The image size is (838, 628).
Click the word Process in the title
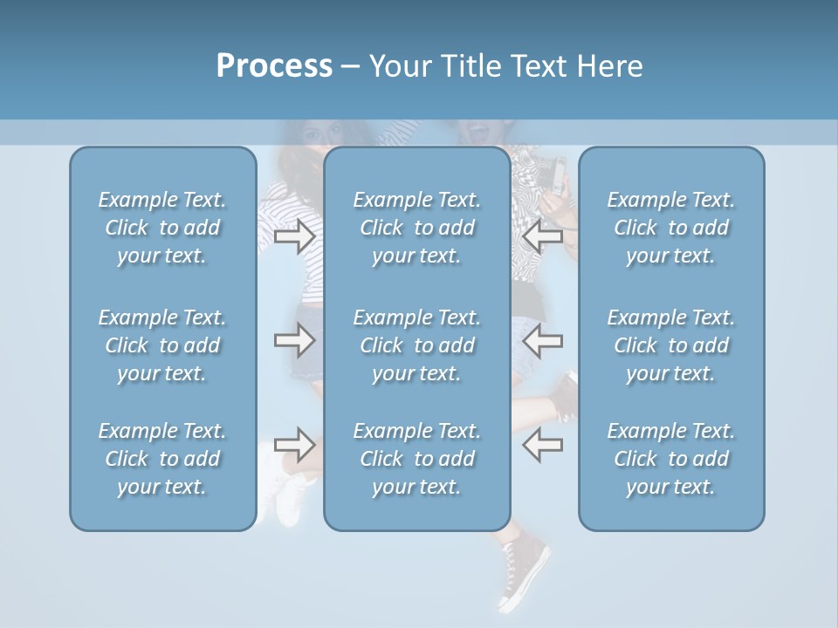tap(274, 66)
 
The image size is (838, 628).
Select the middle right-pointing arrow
tap(294, 340)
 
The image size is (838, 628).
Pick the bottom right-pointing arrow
tap(294, 445)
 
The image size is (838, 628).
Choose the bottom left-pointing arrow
tap(542, 445)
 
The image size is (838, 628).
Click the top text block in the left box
tap(162, 228)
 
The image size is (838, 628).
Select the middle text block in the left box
tap(162, 345)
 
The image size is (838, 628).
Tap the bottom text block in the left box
tap(162, 459)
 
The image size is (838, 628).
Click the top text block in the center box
tap(417, 228)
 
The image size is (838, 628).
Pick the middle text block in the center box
tap(417, 345)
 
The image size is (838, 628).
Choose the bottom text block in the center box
tap(417, 459)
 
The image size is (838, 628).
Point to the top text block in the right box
tap(671, 228)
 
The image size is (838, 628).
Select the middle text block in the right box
tap(671, 345)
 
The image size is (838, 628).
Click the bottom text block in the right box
tap(671, 459)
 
